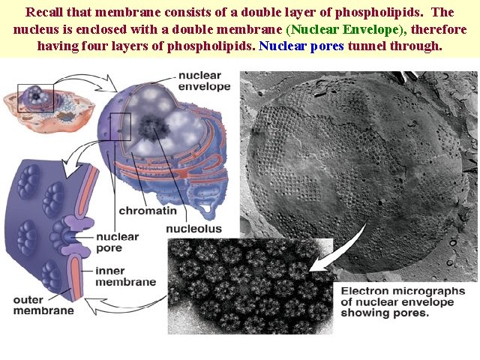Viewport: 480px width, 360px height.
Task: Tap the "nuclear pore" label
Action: pyautogui.click(x=118, y=241)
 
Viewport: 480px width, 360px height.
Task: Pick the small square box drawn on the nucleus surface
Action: pyautogui.click(x=119, y=127)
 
